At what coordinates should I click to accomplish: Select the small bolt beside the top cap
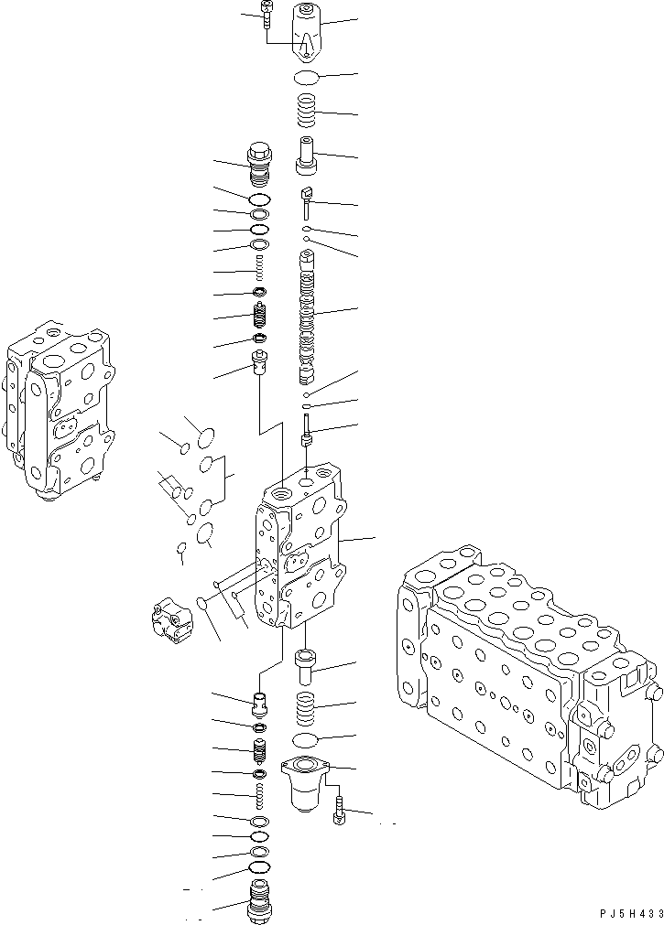[265, 16]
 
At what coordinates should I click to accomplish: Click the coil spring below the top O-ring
[306, 114]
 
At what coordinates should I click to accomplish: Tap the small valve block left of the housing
[171, 619]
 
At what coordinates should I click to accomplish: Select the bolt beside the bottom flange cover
[341, 810]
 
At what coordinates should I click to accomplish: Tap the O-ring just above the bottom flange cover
[306, 739]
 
